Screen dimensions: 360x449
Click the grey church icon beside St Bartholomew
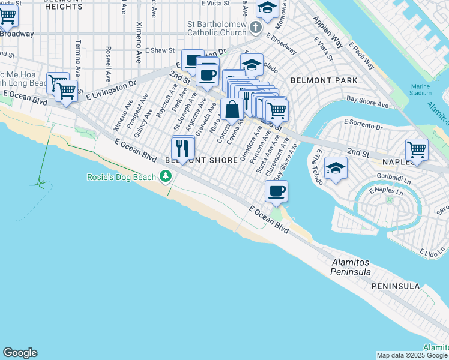256,28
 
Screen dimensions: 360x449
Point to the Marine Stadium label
421,89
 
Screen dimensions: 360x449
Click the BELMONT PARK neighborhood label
324,80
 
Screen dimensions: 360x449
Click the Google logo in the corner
20,353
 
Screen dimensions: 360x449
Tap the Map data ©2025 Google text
411,355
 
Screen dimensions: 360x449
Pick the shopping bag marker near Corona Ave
232,110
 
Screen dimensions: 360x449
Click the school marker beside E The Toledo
336,168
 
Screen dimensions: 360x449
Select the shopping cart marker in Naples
417,150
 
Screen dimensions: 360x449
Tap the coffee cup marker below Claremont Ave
276,191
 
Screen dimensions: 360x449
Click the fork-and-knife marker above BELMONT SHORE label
183,148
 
